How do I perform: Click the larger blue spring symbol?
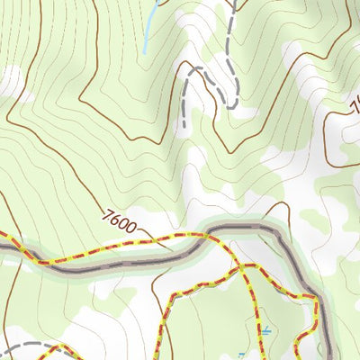click(x=265, y=330)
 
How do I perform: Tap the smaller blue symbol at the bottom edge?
click(x=241, y=356)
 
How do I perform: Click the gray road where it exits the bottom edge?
click(x=329, y=356)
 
